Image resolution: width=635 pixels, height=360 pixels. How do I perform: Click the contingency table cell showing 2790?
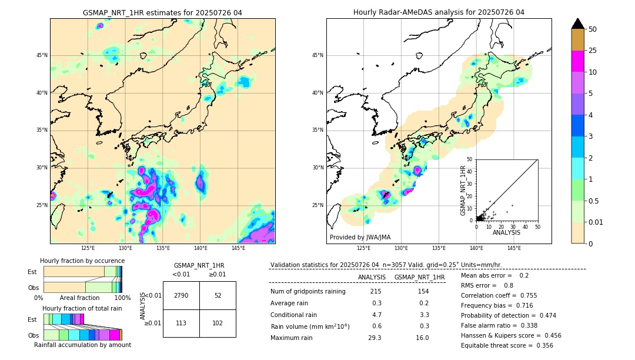pos(181,295)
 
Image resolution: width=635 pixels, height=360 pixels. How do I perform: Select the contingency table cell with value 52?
pos(218,295)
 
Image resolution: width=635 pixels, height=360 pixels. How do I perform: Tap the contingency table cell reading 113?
pos(181,323)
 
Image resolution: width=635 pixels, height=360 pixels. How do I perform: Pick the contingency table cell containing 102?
pos(218,323)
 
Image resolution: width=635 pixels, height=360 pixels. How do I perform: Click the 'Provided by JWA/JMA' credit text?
pos(360,237)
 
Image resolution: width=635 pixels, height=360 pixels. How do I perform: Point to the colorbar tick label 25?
pos(593,51)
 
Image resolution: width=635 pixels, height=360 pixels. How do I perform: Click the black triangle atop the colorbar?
pos(578,24)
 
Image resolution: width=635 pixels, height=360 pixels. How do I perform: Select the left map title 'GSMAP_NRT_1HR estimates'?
pos(162,12)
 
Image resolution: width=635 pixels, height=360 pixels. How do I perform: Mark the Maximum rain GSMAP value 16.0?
pos(422,338)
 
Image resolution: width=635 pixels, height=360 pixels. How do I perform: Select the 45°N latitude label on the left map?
pos(42,55)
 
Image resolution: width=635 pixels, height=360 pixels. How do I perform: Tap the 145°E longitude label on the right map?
pos(514,248)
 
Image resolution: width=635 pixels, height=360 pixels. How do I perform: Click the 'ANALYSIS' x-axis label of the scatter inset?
pos(506,232)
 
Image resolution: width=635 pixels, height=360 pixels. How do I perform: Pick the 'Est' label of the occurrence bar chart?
pos(32,272)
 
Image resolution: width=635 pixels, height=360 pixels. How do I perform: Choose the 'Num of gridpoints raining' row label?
pos(308,291)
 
